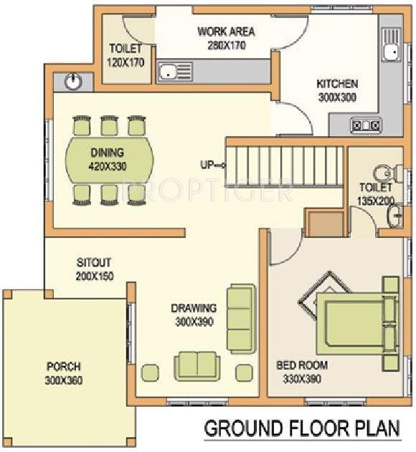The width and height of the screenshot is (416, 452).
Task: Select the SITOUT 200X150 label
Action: (95, 269)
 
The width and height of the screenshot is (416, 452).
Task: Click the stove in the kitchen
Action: (365, 125)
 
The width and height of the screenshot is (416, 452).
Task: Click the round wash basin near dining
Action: (72, 82)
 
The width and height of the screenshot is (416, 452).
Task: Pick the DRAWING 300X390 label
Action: (194, 315)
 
